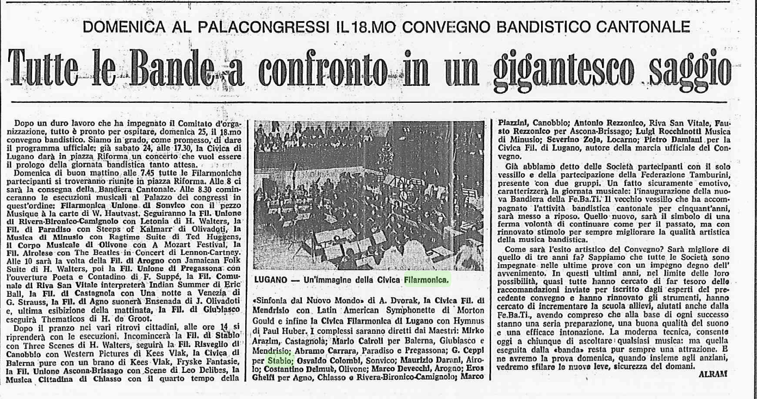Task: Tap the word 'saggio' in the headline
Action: pos(687,69)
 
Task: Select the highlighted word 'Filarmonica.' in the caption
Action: pos(427,280)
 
